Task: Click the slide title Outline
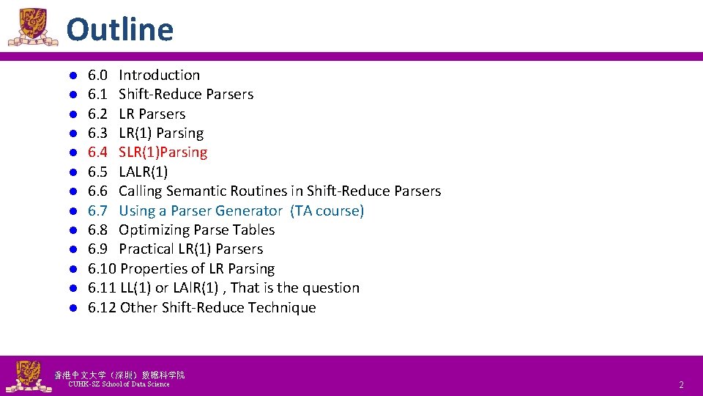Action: [120, 30]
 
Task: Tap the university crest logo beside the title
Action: [32, 27]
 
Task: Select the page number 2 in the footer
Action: [681, 385]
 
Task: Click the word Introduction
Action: [159, 75]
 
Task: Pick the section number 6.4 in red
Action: [97, 153]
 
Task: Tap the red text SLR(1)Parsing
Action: [163, 153]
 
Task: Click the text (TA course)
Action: [327, 210]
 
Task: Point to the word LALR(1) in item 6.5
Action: [143, 172]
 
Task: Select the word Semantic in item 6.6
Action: [197, 191]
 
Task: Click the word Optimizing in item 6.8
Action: [156, 230]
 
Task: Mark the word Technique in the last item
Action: [281, 308]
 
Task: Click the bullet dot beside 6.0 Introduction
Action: [74, 76]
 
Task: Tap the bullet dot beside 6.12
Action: [74, 308]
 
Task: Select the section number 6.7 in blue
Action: [97, 210]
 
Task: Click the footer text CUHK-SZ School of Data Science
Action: [118, 384]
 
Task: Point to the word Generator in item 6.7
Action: [249, 210]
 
